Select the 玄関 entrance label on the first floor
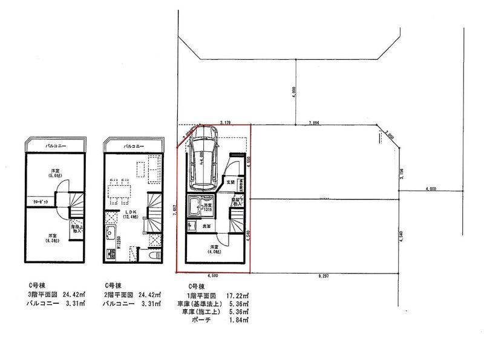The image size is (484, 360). coord(231,181)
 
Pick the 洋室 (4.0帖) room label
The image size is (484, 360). coord(214,249)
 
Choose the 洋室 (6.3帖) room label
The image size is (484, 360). coord(53,238)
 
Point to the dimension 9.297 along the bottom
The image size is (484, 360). coord(322,275)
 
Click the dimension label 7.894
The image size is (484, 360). coord(313,123)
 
